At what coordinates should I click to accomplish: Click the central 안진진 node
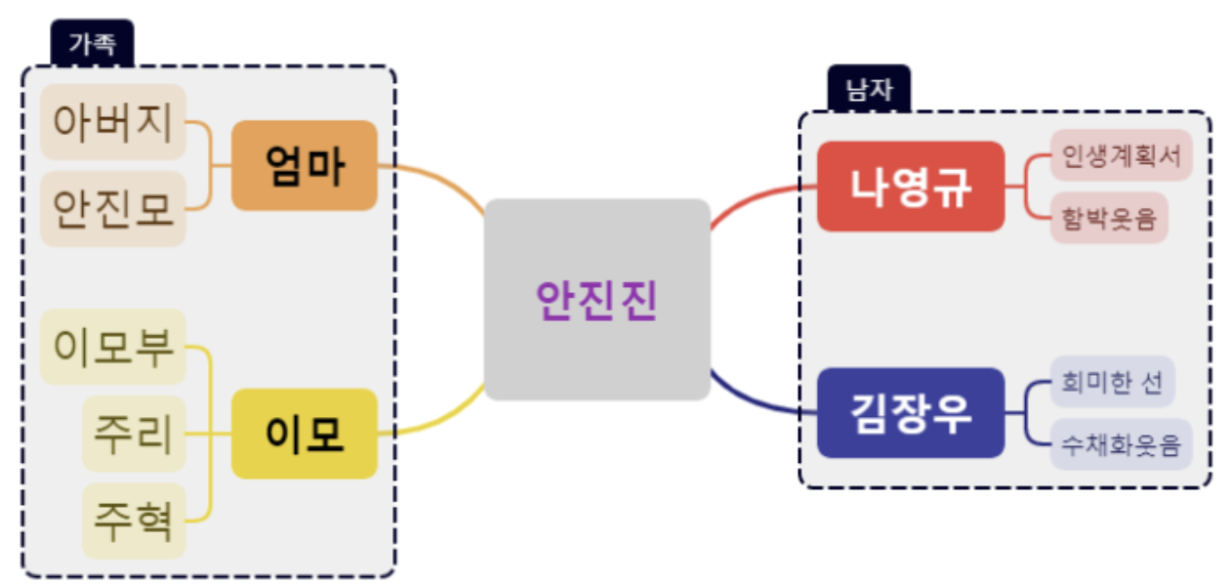pyautogui.click(x=596, y=299)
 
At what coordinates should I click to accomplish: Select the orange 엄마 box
pyautogui.click(x=304, y=165)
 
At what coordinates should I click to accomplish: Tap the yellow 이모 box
pyautogui.click(x=304, y=433)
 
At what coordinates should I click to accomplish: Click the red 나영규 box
pyautogui.click(x=910, y=187)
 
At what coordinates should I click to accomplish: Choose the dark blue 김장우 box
pyautogui.click(x=910, y=412)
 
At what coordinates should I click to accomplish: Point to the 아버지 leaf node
pyautogui.click(x=113, y=122)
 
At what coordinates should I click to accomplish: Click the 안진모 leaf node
pyautogui.click(x=113, y=208)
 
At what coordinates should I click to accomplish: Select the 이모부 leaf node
pyautogui.click(x=113, y=347)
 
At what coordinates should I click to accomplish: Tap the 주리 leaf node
pyautogui.click(x=134, y=433)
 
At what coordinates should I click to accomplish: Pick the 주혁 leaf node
pyautogui.click(x=134, y=520)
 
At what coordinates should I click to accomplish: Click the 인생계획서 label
pyautogui.click(x=1121, y=155)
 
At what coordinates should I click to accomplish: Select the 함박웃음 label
pyautogui.click(x=1108, y=218)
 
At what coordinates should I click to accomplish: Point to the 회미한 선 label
pyautogui.click(x=1111, y=382)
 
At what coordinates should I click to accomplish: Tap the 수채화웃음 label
pyautogui.click(x=1121, y=445)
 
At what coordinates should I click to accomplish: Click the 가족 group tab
pyautogui.click(x=92, y=43)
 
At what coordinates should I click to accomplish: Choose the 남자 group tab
pyautogui.click(x=869, y=89)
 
